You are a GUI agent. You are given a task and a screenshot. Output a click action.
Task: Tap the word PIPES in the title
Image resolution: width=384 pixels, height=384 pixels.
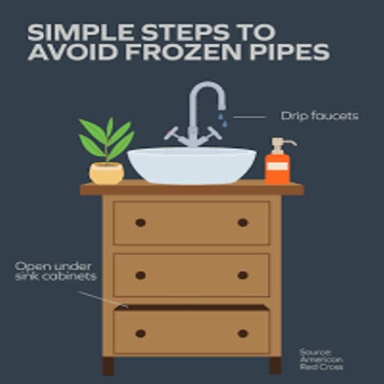(x=290, y=52)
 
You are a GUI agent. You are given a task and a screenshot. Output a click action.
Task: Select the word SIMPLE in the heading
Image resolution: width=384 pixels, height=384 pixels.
(x=81, y=33)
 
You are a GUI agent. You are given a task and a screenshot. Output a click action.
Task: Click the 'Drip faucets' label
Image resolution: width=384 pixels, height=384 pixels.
(x=319, y=116)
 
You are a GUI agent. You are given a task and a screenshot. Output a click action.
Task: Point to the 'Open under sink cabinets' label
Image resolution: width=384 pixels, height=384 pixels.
(x=56, y=271)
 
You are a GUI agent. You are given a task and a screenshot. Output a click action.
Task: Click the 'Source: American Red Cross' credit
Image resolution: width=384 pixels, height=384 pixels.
(x=321, y=360)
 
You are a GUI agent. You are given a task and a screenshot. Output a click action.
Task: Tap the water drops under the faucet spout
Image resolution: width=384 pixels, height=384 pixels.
(x=223, y=120)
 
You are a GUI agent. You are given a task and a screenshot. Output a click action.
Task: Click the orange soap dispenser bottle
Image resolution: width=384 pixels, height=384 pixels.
(x=278, y=168)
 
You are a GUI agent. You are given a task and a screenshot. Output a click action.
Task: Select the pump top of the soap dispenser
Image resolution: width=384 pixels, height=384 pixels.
(x=282, y=145)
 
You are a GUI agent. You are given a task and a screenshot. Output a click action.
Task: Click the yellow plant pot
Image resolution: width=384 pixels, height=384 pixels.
(x=107, y=173)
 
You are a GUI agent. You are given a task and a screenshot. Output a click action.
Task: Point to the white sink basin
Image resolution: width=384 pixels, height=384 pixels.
(x=192, y=165)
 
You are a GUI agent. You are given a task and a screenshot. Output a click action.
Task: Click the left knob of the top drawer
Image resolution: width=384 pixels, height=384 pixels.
(x=141, y=223)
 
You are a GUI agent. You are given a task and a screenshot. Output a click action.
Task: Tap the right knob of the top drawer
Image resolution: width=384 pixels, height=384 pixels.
(x=243, y=223)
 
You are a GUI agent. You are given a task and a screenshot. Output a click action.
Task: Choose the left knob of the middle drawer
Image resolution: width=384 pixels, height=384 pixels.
(x=141, y=275)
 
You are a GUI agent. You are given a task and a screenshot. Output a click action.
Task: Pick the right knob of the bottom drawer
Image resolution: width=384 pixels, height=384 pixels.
(x=243, y=333)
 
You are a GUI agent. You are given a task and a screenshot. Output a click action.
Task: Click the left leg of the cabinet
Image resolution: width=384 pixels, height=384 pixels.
(x=108, y=366)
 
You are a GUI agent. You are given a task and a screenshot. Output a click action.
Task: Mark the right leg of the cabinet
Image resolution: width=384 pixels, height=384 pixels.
(x=275, y=365)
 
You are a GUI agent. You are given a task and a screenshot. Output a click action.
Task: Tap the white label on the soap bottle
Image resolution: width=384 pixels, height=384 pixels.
(x=278, y=166)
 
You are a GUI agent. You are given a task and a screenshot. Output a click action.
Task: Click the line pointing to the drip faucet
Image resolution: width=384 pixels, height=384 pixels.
(x=250, y=117)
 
